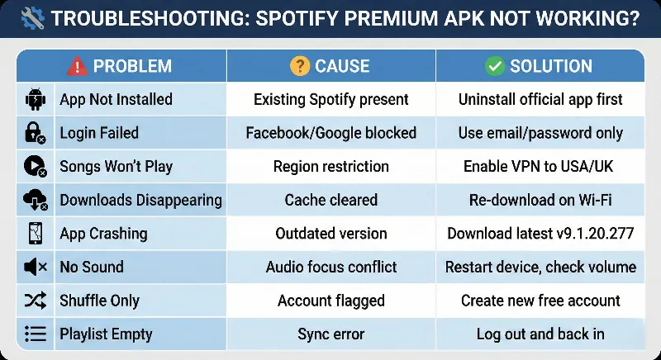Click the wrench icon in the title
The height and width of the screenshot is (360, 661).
coord(31,18)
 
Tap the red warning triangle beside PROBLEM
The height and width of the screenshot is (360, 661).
coord(77,66)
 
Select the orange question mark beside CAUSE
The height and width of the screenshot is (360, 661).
coord(298,66)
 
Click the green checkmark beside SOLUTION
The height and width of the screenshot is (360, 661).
coord(495,66)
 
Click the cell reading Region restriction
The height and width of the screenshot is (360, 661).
coord(330,166)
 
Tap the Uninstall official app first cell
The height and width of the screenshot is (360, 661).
coord(540,100)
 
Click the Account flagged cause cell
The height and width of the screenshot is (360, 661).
coord(330,301)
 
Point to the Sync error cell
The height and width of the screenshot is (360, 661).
coord(330,334)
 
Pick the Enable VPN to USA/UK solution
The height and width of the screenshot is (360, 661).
coord(540,166)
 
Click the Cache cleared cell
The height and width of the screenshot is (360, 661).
coord(330,200)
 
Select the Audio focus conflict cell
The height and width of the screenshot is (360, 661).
coord(330,267)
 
